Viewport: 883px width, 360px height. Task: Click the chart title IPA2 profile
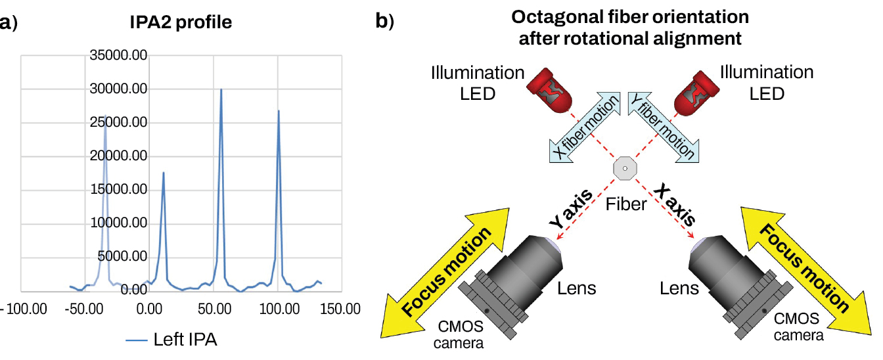180,22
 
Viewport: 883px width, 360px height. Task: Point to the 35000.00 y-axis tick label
118,56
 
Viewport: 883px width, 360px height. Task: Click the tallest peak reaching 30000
221,90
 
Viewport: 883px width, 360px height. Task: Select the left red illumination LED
549,90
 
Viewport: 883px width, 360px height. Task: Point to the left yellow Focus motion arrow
447,272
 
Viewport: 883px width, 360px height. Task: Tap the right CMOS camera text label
798,327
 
